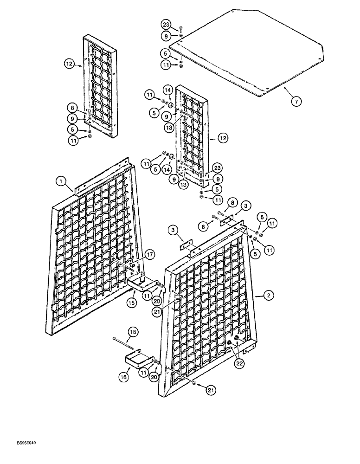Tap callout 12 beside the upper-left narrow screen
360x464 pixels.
tap(70, 66)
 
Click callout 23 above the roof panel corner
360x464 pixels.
tap(166, 25)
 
